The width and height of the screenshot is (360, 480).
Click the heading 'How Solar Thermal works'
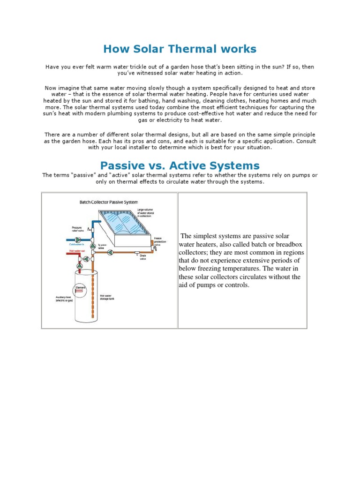(180, 49)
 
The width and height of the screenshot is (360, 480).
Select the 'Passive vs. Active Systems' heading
(180, 165)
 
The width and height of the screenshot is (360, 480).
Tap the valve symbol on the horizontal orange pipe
(110, 252)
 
